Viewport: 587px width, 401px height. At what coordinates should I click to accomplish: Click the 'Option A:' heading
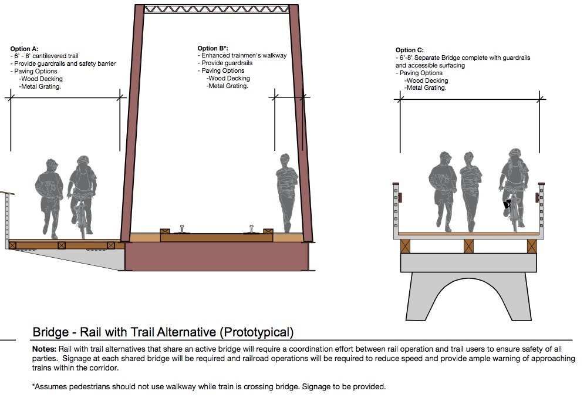point(24,49)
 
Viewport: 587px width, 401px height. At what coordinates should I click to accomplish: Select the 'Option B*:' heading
point(212,48)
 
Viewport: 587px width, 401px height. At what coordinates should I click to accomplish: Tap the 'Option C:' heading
point(410,50)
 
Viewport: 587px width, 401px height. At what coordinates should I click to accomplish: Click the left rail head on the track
point(183,229)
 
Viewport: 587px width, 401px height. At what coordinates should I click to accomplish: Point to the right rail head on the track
point(252,229)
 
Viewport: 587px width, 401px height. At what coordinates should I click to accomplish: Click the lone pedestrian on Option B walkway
point(287,193)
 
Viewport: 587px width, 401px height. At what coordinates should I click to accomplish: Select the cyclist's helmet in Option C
point(515,153)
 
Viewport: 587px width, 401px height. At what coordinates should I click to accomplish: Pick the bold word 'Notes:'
point(44,349)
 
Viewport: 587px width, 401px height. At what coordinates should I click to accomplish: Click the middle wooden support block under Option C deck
point(468,247)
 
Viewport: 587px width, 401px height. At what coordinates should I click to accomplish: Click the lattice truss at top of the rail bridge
point(217,9)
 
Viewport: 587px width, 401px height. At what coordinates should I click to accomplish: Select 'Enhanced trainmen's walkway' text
point(244,55)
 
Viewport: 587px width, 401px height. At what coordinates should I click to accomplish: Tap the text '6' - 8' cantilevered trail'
point(46,56)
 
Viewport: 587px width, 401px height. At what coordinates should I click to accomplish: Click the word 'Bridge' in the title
point(50,332)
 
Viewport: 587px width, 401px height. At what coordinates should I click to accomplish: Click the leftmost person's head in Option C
point(445,157)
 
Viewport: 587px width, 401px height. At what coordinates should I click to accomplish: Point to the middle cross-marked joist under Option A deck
point(62,245)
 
